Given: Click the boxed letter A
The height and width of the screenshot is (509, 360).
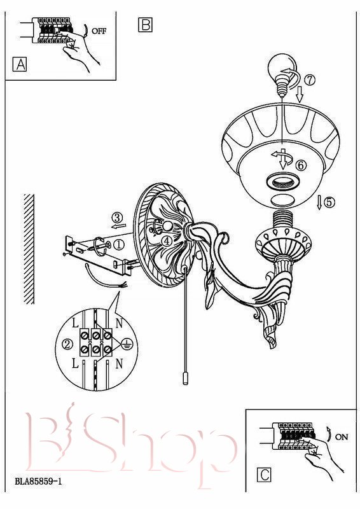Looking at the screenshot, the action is coord(20,64).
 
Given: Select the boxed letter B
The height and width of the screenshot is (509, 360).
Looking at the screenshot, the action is coord(145,25).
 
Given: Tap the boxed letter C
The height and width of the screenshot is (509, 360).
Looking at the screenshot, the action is coord(264,475).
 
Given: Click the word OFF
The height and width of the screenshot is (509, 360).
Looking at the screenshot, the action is coord(99,31).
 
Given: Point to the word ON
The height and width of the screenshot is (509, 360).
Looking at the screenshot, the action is coord(341,437).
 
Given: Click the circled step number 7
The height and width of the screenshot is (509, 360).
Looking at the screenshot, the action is coord(310,80).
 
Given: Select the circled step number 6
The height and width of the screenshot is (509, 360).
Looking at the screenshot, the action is coord(301,165).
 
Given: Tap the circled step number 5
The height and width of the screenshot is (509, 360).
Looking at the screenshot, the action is coord(329,202).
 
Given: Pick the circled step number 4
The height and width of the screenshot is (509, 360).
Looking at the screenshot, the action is coord(167,241).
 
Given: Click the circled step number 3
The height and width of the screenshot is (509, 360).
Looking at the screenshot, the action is coord(118,217).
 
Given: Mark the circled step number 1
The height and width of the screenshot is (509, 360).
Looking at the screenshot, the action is coord(119,244).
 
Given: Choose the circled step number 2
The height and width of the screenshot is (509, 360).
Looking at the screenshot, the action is coord(67,344).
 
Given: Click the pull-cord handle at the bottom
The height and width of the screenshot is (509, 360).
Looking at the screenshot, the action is coord(185,379).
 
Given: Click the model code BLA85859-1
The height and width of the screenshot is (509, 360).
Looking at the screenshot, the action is coord(38,481).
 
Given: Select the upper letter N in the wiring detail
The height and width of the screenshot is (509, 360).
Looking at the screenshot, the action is coord(119,323).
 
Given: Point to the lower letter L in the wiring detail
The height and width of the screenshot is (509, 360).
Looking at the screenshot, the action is coord(75,364).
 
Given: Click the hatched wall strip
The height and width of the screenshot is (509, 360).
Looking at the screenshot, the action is coord(29,249).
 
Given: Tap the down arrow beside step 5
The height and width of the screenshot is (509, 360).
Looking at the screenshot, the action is coord(319,202).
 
